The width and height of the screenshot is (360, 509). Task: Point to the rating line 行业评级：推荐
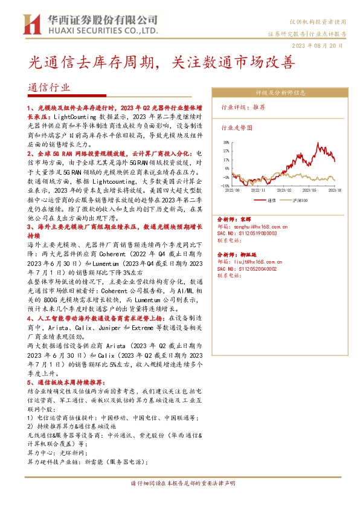[x=243, y=106]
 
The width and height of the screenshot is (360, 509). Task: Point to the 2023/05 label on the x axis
[x=309, y=190]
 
